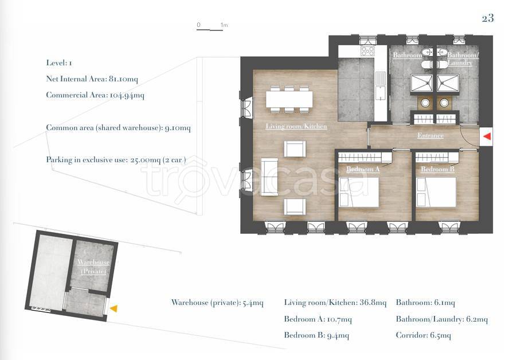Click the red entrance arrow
point(487,136)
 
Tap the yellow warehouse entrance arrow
point(113,309)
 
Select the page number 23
point(488,18)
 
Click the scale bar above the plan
point(210,30)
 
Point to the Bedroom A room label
point(363,169)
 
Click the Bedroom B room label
point(437,169)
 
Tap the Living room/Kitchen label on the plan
point(296,126)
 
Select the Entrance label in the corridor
point(430,135)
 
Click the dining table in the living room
point(289,99)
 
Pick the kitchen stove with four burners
point(368,51)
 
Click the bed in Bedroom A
point(359,192)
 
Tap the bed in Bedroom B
point(436,192)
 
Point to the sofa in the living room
point(269,177)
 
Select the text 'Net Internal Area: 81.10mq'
point(92,79)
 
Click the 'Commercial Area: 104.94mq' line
point(95,95)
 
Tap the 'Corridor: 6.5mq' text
point(423,335)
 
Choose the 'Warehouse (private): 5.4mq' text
point(217,303)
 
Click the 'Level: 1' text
point(59,63)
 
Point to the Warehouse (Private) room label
point(93,267)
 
